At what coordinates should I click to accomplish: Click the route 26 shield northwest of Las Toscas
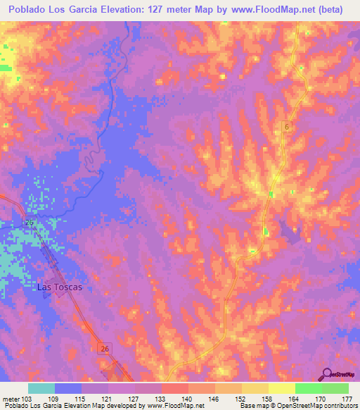coord(29,223)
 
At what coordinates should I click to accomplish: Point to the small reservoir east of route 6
coord(288,228)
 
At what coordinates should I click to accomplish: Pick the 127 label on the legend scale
coord(134,398)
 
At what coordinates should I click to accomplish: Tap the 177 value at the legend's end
coord(347,398)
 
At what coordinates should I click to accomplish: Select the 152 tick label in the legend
coord(240,398)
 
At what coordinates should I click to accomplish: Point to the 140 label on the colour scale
coord(186,398)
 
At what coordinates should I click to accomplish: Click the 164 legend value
coord(293,398)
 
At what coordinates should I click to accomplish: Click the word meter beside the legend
coord(10,398)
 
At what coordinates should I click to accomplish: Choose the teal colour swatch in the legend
coord(41,388)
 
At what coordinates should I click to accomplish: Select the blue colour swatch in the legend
coord(68,388)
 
